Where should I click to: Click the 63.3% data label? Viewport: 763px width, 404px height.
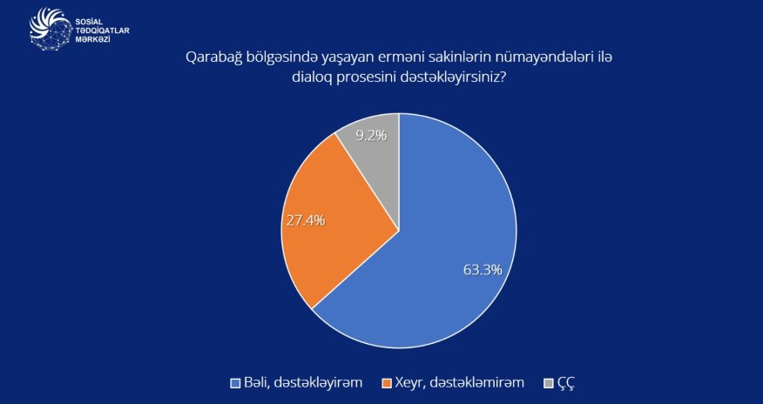click(483, 270)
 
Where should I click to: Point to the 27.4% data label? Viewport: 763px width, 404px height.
click(305, 221)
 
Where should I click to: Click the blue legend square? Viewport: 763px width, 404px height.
click(234, 383)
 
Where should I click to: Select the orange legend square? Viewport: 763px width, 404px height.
click(388, 383)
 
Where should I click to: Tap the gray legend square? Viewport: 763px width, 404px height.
click(548, 383)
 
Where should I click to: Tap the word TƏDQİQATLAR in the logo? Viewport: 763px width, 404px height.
click(104, 29)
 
